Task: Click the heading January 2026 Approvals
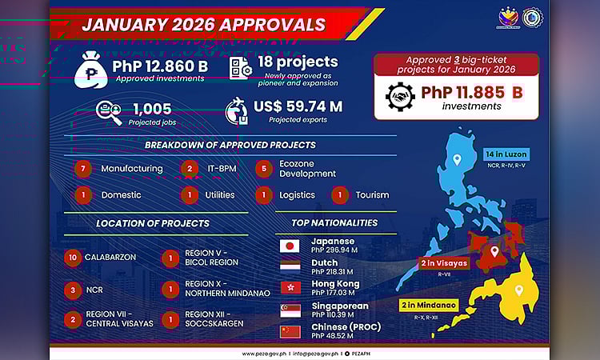[x=203, y=24]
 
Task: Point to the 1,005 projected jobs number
[x=152, y=109]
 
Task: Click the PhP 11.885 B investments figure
[x=471, y=92]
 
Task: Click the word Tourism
[x=373, y=194]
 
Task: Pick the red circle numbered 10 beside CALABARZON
[x=73, y=258]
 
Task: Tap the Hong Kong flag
[x=290, y=287]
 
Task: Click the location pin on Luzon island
[x=456, y=159]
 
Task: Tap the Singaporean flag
[x=290, y=309]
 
